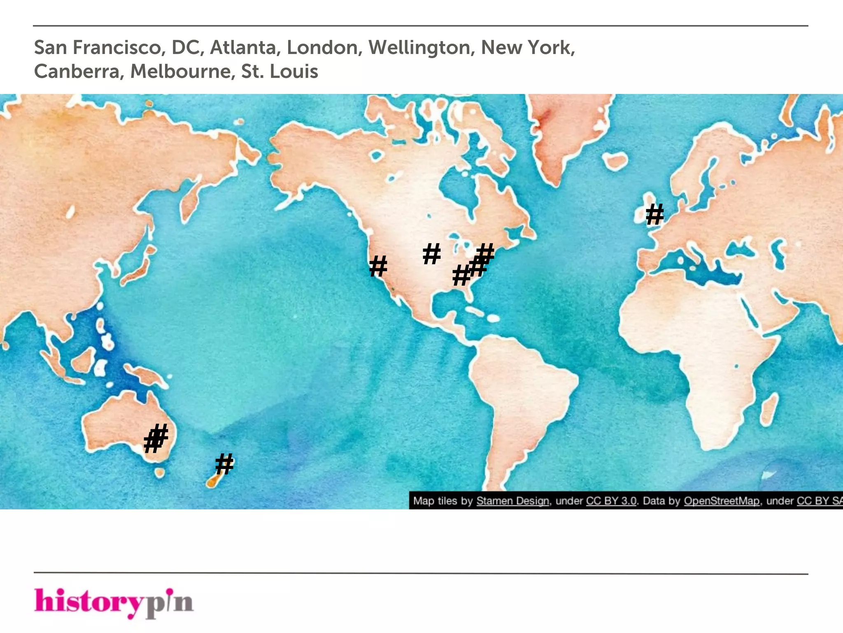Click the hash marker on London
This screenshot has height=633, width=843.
pyautogui.click(x=654, y=214)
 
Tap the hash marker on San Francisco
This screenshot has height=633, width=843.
pyautogui.click(x=378, y=266)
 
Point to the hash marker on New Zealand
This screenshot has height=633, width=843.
pyautogui.click(x=224, y=464)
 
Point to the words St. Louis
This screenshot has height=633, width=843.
pyautogui.click(x=279, y=71)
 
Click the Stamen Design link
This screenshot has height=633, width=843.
pyautogui.click(x=512, y=501)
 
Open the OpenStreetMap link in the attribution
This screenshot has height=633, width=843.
pyautogui.click(x=721, y=501)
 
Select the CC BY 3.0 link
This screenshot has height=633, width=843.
pyautogui.click(x=611, y=501)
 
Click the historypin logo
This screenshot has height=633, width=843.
pyautogui.click(x=114, y=602)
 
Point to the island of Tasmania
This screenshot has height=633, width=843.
pyautogui.click(x=160, y=472)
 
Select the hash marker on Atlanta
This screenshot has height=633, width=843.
pyautogui.click(x=461, y=275)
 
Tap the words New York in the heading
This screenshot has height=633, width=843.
pyautogui.click(x=527, y=47)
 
